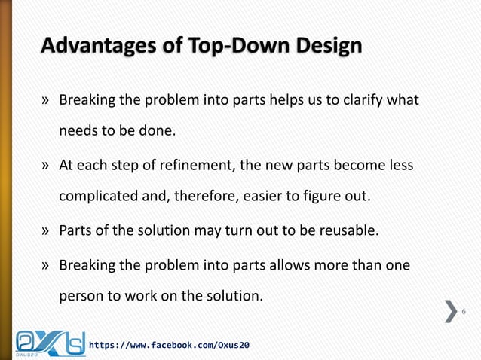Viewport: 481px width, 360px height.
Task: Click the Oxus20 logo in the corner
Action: click(49, 341)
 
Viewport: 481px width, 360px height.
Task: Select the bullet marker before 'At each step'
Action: click(46, 166)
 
